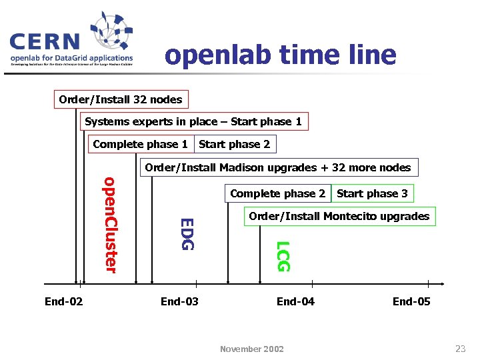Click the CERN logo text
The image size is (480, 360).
pyautogui.click(x=45, y=42)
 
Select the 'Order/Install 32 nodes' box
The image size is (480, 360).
pyautogui.click(x=121, y=99)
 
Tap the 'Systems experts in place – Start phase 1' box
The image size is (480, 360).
pyautogui.click(x=193, y=121)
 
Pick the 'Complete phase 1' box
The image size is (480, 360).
pyautogui.click(x=141, y=144)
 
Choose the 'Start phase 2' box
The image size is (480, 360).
pyautogui.click(x=235, y=144)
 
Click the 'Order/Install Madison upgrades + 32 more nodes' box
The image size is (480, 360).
pyautogui.click(x=278, y=167)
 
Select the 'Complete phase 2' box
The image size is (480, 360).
pyautogui.click(x=277, y=193)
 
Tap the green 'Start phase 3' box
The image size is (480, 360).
pyautogui.click(x=372, y=193)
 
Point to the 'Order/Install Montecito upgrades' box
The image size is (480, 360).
pyautogui.click(x=339, y=216)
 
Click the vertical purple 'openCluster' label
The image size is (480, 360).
pyautogui.click(x=110, y=224)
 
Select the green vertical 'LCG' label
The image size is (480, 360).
pyautogui.click(x=283, y=256)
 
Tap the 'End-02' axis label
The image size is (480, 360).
pyautogui.click(x=64, y=301)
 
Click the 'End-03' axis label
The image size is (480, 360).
pyautogui.click(x=179, y=301)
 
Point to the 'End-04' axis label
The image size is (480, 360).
pyautogui.click(x=295, y=301)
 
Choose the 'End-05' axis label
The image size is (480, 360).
pyautogui.click(x=411, y=301)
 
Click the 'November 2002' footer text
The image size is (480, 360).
pyautogui.click(x=252, y=349)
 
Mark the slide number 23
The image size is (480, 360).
pyautogui.click(x=460, y=348)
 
